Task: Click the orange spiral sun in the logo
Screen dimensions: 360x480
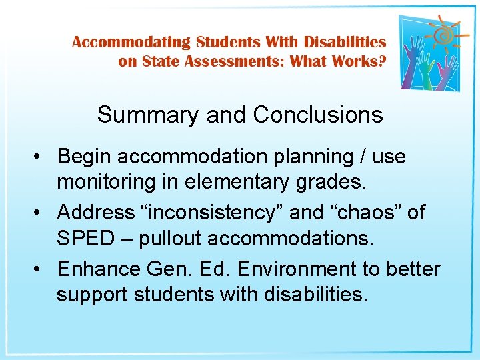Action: coord(441,34)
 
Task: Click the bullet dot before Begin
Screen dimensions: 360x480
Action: coord(41,157)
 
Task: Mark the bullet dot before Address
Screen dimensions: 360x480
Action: coord(41,213)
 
